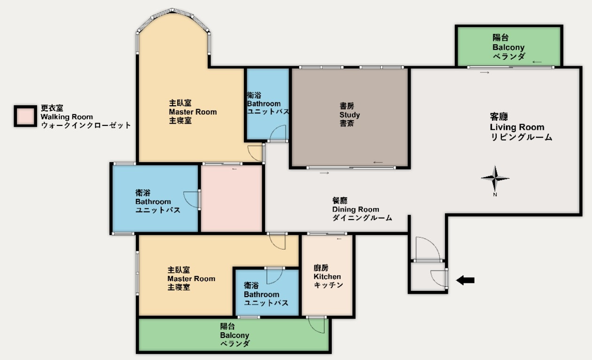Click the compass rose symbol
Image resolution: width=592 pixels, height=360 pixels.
click(495, 179)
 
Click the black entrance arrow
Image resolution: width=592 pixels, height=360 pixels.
click(466, 280)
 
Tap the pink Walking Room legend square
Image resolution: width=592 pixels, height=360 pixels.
click(25, 116)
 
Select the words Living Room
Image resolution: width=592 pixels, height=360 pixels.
click(517, 127)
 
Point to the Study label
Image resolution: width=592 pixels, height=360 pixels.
click(350, 115)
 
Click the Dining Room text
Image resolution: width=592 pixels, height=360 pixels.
click(356, 209)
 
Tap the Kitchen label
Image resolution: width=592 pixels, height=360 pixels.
click(327, 276)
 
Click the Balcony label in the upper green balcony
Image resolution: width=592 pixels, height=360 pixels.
click(508, 47)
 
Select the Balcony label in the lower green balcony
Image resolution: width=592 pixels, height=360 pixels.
click(234, 335)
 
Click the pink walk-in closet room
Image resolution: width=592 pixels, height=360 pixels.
click(232, 198)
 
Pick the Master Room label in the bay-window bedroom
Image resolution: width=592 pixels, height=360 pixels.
click(193, 112)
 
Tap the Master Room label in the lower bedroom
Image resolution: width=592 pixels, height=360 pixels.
click(191, 279)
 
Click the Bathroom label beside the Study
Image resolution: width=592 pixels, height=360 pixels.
click(264, 103)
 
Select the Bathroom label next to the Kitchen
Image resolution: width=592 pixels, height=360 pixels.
click(261, 294)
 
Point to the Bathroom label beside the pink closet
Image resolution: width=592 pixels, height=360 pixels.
click(153, 202)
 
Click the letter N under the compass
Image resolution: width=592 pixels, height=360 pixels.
click(495, 195)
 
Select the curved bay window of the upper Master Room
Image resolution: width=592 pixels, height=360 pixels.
click(173, 16)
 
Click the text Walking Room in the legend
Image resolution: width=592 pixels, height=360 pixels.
click(67, 117)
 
